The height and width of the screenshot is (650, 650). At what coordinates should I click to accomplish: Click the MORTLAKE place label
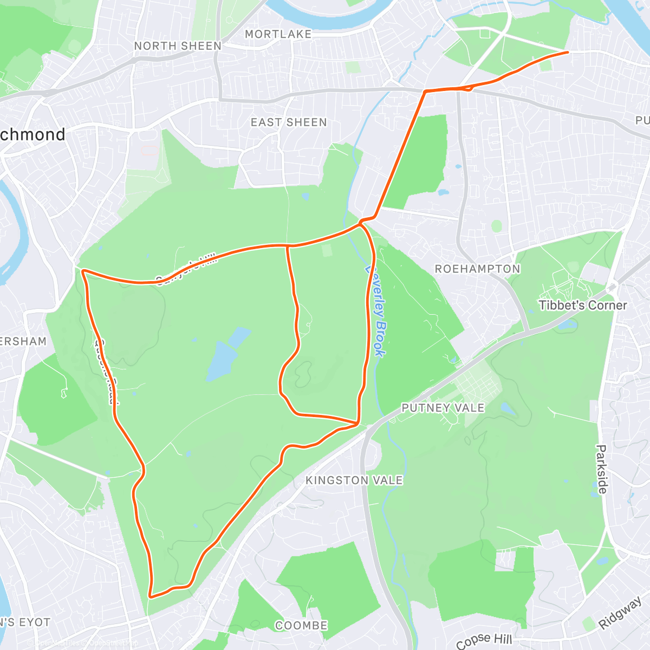[x=278, y=34]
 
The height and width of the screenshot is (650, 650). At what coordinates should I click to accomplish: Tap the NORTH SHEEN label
[x=178, y=46]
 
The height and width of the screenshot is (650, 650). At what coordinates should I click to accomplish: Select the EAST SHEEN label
[x=289, y=122]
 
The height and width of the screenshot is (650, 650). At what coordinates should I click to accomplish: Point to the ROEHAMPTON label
[x=477, y=269]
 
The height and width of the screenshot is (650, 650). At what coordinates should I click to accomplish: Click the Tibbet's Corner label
[x=582, y=305]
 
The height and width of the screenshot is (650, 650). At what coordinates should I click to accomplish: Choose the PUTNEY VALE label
[x=443, y=408]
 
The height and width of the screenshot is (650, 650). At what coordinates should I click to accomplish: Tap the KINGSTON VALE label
[x=354, y=480]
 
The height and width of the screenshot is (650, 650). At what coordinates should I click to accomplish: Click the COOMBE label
[x=301, y=626]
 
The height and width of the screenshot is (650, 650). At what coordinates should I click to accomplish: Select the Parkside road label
[x=601, y=469]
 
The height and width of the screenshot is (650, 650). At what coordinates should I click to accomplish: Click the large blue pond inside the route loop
[x=222, y=357]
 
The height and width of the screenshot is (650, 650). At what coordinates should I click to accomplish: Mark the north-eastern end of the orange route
[x=567, y=52]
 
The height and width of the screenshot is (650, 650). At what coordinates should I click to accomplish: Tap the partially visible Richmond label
[x=32, y=134]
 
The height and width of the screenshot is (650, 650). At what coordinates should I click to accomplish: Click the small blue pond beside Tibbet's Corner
[x=568, y=324]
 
